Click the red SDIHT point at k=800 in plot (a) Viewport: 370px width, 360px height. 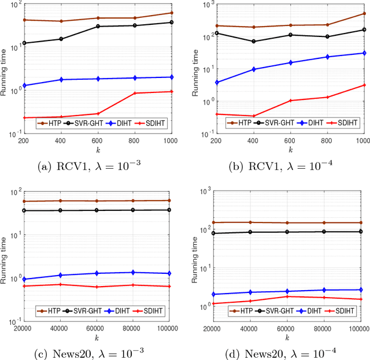(x=135, y=93)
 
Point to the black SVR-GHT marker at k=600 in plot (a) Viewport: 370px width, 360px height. (x=98, y=26)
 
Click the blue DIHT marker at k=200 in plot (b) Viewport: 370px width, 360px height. (x=217, y=82)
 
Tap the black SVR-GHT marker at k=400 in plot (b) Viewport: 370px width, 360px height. (x=253, y=41)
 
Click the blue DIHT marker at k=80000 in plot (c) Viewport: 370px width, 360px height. (x=135, y=272)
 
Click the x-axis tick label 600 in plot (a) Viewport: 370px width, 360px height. (x=98, y=141)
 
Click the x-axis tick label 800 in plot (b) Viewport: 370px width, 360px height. (x=327, y=141)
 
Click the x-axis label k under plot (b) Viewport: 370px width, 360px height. (x=290, y=149)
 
